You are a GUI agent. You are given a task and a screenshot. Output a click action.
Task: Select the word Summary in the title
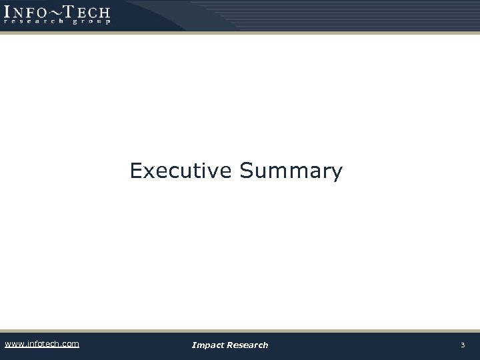click(x=291, y=172)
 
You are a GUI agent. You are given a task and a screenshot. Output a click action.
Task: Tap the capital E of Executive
click(x=136, y=171)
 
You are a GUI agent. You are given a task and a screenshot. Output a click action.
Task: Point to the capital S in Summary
click(x=245, y=171)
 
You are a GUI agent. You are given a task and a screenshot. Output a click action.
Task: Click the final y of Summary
click(x=336, y=174)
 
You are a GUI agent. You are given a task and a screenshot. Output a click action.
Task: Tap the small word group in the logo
click(x=91, y=21)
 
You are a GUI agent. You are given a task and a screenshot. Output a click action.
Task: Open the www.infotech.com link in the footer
click(x=41, y=344)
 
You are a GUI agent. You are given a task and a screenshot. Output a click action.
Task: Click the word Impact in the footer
click(x=207, y=345)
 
